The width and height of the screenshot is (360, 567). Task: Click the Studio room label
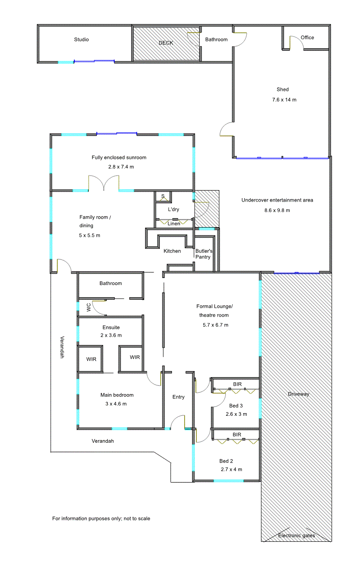pyautogui.click(x=81, y=40)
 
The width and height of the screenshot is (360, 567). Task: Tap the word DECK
pyautogui.click(x=166, y=43)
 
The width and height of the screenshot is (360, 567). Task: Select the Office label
pyautogui.click(x=307, y=37)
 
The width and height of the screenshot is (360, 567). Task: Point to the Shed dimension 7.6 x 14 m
pyautogui.click(x=284, y=100)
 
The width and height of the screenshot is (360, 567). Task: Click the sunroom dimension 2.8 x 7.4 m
pyautogui.click(x=121, y=167)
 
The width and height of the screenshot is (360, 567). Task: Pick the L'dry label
pyautogui.click(x=173, y=209)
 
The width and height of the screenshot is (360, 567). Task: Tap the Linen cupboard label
pyautogui.click(x=174, y=223)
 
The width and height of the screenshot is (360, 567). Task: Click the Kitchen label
pyautogui.click(x=172, y=251)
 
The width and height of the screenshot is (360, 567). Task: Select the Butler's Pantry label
pyautogui.click(x=204, y=254)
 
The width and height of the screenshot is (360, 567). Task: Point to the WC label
pyautogui.click(x=89, y=308)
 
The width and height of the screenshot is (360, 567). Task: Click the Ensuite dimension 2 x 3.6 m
pyautogui.click(x=111, y=335)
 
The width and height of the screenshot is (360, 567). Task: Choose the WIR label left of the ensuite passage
pyautogui.click(x=91, y=359)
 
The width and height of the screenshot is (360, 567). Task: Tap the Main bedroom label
pyautogui.click(x=117, y=395)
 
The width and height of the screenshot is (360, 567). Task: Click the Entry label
pyautogui.click(x=178, y=397)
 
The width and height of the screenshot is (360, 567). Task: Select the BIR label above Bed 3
pyautogui.click(x=237, y=384)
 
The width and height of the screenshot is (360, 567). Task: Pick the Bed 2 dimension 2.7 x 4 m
pyautogui.click(x=231, y=469)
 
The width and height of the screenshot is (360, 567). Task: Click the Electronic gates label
pyautogui.click(x=297, y=536)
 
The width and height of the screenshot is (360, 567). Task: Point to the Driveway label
pyautogui.click(x=298, y=394)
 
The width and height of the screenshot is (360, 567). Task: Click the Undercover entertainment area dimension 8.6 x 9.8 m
pyautogui.click(x=277, y=210)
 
